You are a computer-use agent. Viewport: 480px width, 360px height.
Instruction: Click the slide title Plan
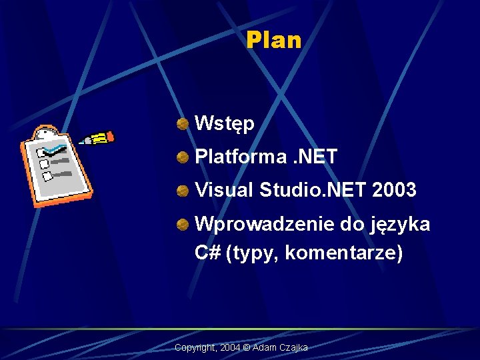pyautogui.click(x=273, y=41)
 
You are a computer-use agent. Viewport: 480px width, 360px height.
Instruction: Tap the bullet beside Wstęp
pyautogui.click(x=182, y=123)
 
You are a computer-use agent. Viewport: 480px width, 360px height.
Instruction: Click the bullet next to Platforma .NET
pyautogui.click(x=182, y=157)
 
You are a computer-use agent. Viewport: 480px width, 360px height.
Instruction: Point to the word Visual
pyautogui.click(x=224, y=191)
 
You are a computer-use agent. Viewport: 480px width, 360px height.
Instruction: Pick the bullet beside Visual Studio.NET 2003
pyautogui.click(x=182, y=191)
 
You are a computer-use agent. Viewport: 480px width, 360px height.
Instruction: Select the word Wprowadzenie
pyautogui.click(x=264, y=225)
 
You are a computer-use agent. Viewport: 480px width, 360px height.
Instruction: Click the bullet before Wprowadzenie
pyautogui.click(x=182, y=225)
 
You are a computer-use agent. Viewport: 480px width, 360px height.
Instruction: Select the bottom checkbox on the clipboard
pyautogui.click(x=48, y=177)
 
